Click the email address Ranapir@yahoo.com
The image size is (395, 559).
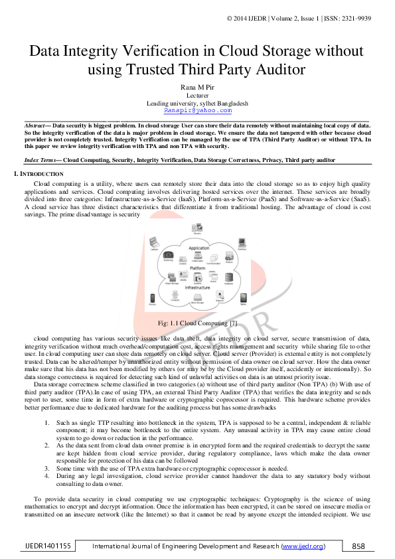[x=197, y=111]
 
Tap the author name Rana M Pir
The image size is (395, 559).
[x=197, y=87]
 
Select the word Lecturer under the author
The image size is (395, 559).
[x=197, y=95]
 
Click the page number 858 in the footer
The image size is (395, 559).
[x=358, y=546]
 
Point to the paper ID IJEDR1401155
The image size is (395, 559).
[x=47, y=546]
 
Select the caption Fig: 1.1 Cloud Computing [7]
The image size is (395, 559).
[x=197, y=323]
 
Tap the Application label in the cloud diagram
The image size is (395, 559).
[x=198, y=248]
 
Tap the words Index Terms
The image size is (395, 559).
[x=41, y=161]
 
